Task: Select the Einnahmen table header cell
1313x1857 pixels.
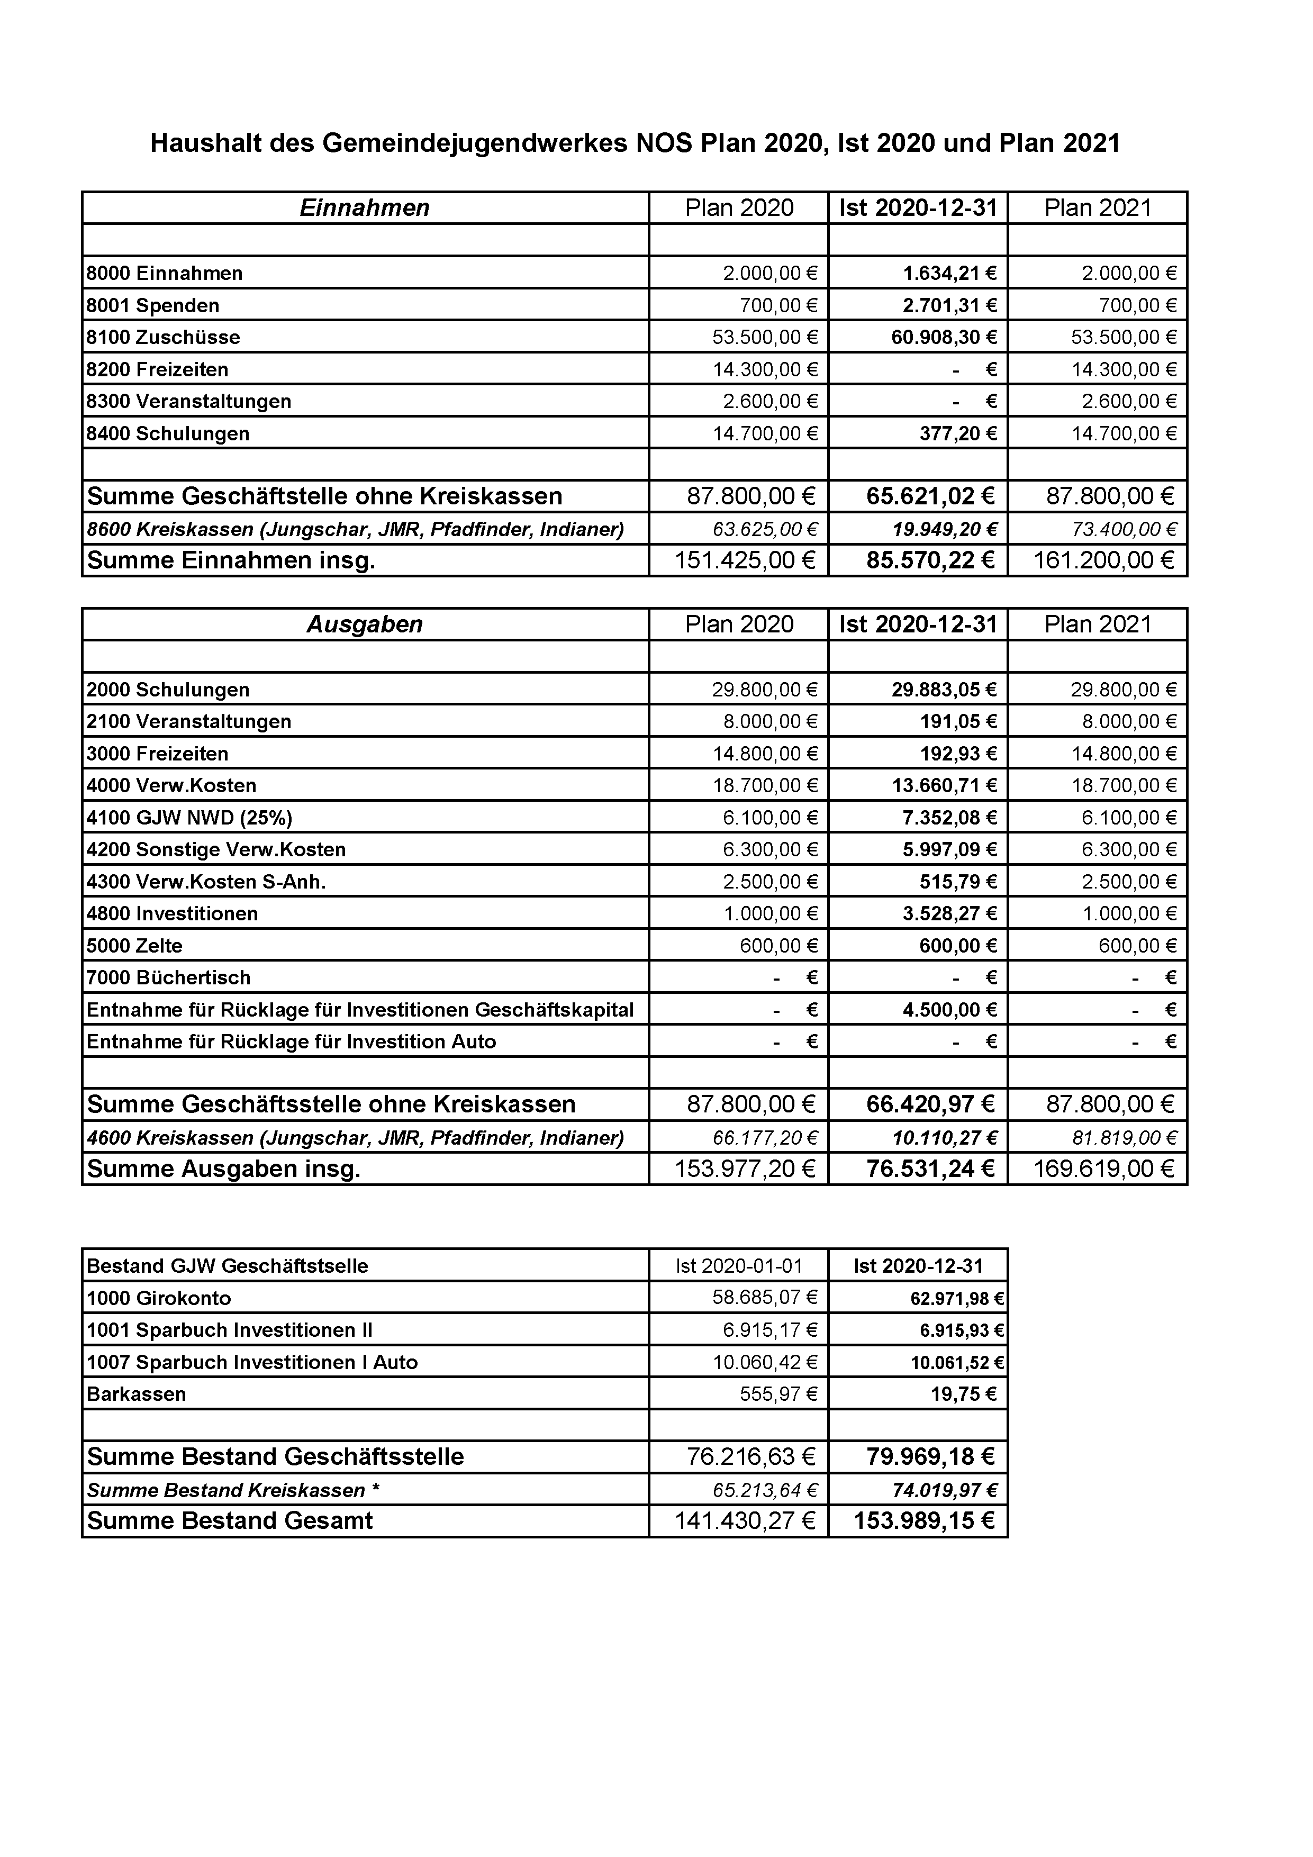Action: [x=364, y=208]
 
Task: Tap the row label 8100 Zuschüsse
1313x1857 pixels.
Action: [x=164, y=337]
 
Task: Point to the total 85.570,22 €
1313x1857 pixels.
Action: [x=929, y=560]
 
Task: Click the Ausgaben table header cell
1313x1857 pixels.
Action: [x=364, y=624]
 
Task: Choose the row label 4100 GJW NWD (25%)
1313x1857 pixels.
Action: [x=189, y=818]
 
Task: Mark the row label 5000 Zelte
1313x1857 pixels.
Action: [x=134, y=946]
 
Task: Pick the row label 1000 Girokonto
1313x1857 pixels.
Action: [x=159, y=1298]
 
